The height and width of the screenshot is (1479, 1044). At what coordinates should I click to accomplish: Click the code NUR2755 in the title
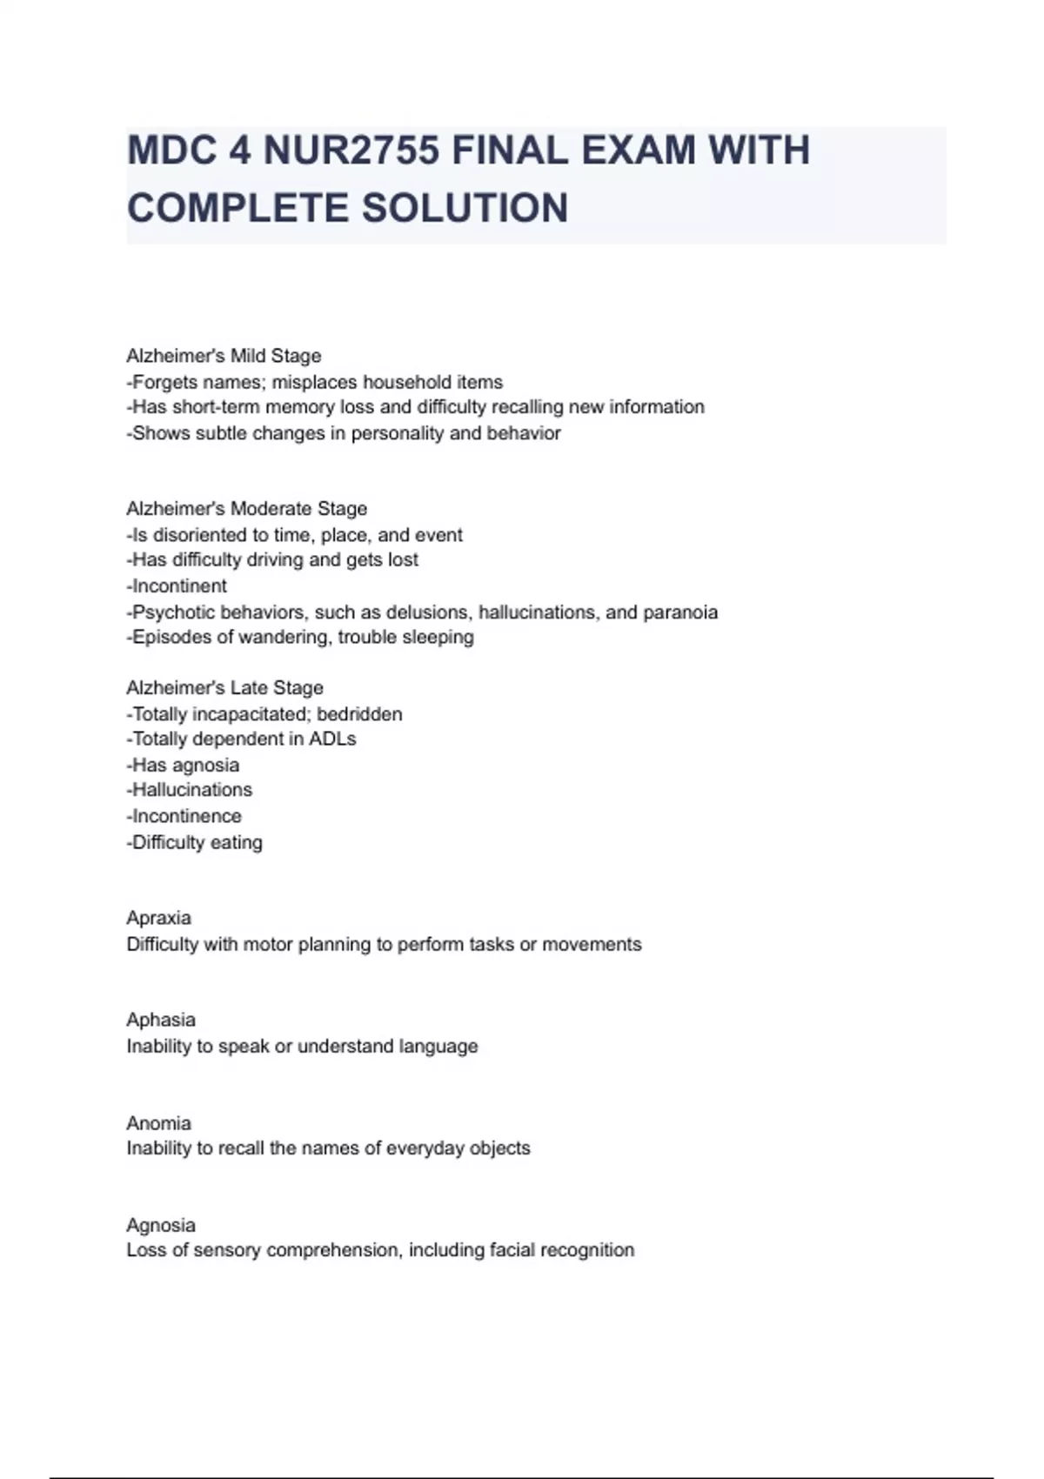pyautogui.click(x=351, y=151)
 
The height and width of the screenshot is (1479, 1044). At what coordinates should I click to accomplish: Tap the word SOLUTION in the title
pyautogui.click(x=465, y=209)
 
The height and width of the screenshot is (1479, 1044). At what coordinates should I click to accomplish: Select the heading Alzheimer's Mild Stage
pyautogui.click(x=224, y=356)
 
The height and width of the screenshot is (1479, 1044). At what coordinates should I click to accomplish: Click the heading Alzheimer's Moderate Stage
pyautogui.click(x=246, y=508)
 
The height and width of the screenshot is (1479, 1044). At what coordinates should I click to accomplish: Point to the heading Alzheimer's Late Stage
pyautogui.click(x=224, y=687)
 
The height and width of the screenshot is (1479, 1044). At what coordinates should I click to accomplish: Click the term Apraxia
pyautogui.click(x=158, y=918)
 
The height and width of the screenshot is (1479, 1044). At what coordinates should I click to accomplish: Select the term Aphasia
pyautogui.click(x=161, y=1020)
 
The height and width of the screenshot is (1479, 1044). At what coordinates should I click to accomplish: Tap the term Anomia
pyautogui.click(x=158, y=1123)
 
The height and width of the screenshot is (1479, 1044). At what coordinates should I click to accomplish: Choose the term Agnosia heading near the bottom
pyautogui.click(x=161, y=1225)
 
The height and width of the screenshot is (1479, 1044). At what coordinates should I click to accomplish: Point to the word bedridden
pyautogui.click(x=359, y=714)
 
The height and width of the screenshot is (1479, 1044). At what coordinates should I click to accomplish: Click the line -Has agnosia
pyautogui.click(x=183, y=766)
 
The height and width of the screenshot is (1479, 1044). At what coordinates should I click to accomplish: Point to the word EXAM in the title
pyautogui.click(x=639, y=151)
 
